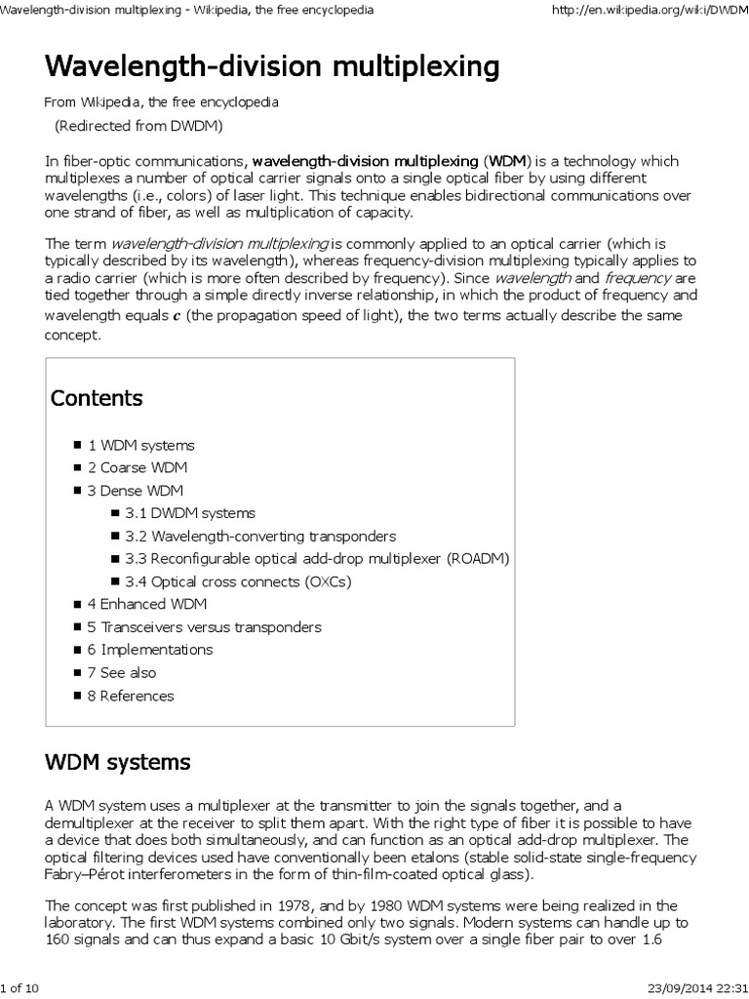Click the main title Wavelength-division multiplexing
coord(271,67)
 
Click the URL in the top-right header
coord(649,9)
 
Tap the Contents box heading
coord(97,398)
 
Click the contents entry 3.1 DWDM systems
coord(189,513)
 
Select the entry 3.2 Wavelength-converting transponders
coord(260,536)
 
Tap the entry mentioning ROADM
coord(317,559)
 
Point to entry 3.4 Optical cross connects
coord(237,581)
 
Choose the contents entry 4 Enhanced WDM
coord(146,604)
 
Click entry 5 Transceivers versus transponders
coord(204,627)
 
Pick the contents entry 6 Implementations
coord(149,650)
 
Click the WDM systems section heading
coord(118,761)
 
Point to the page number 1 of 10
coord(20,988)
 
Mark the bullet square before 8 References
coord(78,696)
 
